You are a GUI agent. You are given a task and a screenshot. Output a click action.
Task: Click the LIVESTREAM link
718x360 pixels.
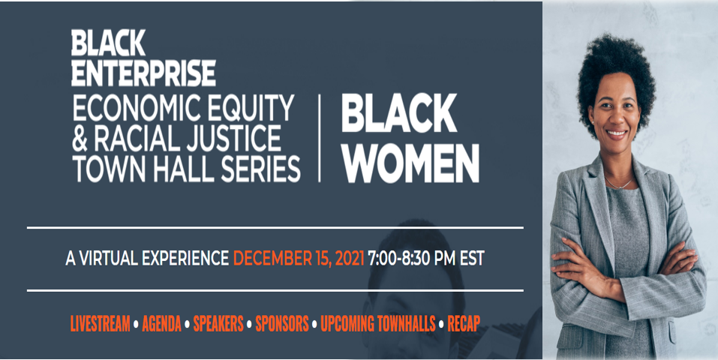click(x=100, y=324)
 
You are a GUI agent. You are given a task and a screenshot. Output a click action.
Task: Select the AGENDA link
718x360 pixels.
click(x=161, y=324)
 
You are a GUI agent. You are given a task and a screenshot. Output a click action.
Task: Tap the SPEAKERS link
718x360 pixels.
click(x=218, y=324)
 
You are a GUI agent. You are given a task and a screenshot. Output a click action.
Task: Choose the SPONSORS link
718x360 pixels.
click(x=282, y=324)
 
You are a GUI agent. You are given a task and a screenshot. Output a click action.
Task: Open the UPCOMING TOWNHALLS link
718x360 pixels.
click(x=378, y=324)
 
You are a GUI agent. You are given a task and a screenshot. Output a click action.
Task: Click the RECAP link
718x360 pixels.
click(x=464, y=324)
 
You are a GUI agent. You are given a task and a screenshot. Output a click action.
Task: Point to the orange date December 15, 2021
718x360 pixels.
click(x=299, y=259)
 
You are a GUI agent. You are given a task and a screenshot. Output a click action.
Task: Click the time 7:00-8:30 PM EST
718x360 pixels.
click(x=426, y=258)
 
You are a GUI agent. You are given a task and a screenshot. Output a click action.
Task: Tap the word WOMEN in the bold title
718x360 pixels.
click(x=410, y=163)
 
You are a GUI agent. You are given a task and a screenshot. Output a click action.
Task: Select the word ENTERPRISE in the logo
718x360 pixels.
click(x=143, y=73)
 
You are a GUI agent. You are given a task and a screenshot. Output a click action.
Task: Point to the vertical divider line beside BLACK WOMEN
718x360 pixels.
click(x=319, y=138)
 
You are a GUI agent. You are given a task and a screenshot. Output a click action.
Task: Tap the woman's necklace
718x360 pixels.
click(x=619, y=183)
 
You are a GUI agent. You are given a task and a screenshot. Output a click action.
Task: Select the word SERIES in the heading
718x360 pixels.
click(x=260, y=169)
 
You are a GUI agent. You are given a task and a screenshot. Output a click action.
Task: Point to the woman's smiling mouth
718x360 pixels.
click(x=616, y=133)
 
